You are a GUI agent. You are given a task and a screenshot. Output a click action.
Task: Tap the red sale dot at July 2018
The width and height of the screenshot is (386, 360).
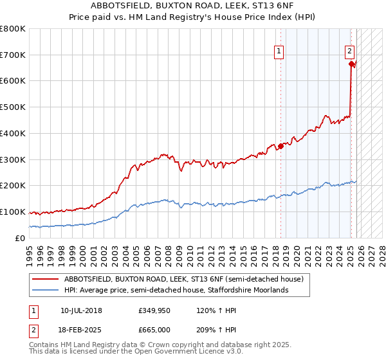(280, 147)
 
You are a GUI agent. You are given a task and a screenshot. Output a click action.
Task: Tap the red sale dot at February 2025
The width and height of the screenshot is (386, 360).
(351, 64)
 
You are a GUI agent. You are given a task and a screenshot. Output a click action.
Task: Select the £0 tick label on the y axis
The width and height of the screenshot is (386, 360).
(20, 238)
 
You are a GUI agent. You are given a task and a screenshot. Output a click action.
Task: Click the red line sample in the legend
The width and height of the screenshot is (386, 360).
(46, 280)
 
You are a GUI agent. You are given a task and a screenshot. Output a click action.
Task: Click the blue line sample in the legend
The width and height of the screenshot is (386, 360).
(46, 291)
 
